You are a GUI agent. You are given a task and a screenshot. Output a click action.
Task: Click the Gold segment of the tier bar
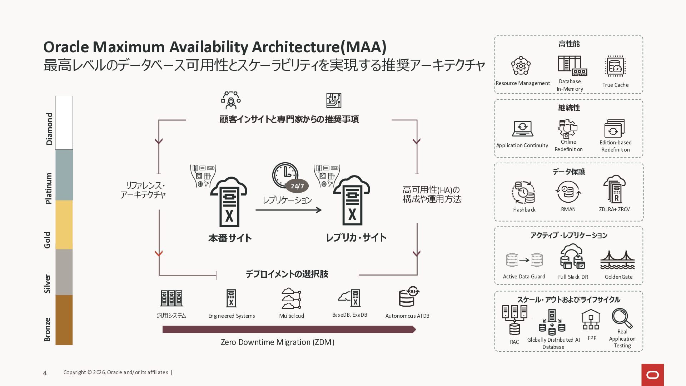point(64,224)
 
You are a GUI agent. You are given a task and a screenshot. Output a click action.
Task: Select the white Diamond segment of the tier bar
point(64,123)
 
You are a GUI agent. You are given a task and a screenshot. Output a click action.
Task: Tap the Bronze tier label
point(47,329)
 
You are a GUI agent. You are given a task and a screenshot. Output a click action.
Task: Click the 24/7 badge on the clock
point(297,186)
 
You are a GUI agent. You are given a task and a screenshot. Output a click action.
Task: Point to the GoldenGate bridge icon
point(617,260)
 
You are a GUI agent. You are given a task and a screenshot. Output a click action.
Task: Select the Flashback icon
point(523,192)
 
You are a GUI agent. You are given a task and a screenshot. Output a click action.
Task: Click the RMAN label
point(568,209)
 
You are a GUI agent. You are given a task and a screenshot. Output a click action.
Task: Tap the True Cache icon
point(615,66)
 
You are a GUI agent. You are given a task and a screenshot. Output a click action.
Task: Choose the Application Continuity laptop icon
point(522,129)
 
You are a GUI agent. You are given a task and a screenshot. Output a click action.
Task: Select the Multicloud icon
point(291,298)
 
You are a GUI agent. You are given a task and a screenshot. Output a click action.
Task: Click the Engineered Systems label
point(232,316)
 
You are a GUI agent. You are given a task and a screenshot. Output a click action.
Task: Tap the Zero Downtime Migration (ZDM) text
point(278,342)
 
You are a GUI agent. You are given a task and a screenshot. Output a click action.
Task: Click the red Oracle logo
point(652,375)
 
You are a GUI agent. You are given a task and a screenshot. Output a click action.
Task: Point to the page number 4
point(45,373)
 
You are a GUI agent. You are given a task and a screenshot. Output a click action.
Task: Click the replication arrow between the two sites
point(289,210)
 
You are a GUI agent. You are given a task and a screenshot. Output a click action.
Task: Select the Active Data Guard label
point(524,277)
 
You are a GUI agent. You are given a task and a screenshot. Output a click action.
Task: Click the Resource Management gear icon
point(521,66)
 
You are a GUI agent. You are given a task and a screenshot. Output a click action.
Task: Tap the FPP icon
point(591,319)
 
